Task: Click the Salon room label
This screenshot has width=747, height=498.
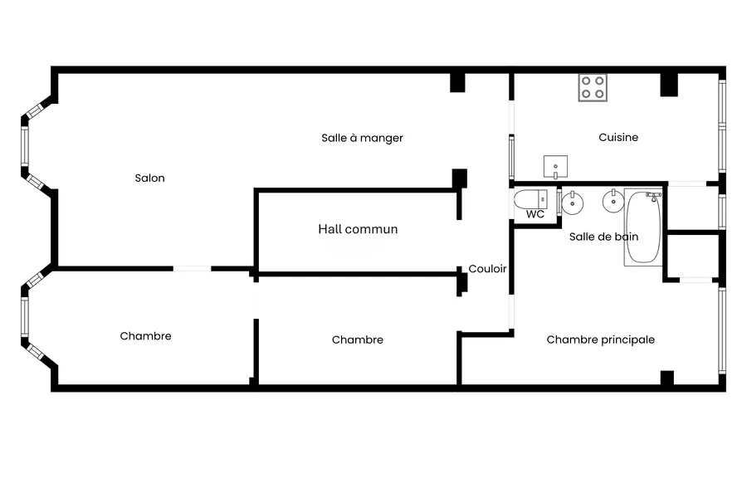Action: click(x=149, y=178)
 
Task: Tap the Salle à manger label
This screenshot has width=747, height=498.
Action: click(x=362, y=139)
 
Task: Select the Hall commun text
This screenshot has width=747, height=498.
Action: click(x=358, y=229)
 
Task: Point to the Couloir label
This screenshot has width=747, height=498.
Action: click(x=487, y=269)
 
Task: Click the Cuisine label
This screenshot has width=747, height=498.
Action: click(x=618, y=137)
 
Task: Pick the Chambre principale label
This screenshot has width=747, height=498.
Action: click(x=600, y=339)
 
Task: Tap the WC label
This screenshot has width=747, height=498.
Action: click(x=535, y=214)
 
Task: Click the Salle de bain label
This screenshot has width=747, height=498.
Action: click(x=603, y=237)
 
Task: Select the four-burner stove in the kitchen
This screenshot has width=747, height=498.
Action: click(x=593, y=88)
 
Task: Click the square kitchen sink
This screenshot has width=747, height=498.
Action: click(x=555, y=166)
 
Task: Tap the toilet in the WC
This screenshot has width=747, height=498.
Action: click(x=530, y=199)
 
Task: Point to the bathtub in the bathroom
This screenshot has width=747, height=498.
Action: click(x=643, y=227)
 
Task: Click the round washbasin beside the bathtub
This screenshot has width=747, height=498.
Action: click(x=613, y=201)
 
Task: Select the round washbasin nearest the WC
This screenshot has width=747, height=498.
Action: click(x=572, y=203)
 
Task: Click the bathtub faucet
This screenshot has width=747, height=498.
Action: click(x=654, y=196)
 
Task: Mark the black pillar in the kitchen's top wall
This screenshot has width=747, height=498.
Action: click(x=669, y=85)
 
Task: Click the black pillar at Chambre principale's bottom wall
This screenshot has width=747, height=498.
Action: click(x=667, y=378)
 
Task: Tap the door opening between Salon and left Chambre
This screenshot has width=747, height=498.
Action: click(x=192, y=269)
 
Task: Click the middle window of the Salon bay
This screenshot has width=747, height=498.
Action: click(x=25, y=146)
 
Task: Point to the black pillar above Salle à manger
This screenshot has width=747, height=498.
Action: click(x=457, y=82)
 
